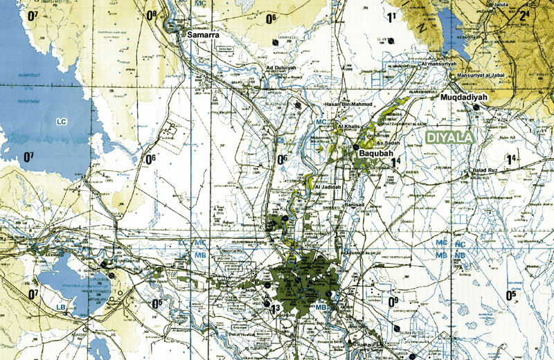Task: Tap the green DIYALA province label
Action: tap(449, 138)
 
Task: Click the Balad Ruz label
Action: tap(486, 170)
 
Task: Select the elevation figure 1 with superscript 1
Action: tap(392, 17)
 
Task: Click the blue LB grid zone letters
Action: tap(62, 306)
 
